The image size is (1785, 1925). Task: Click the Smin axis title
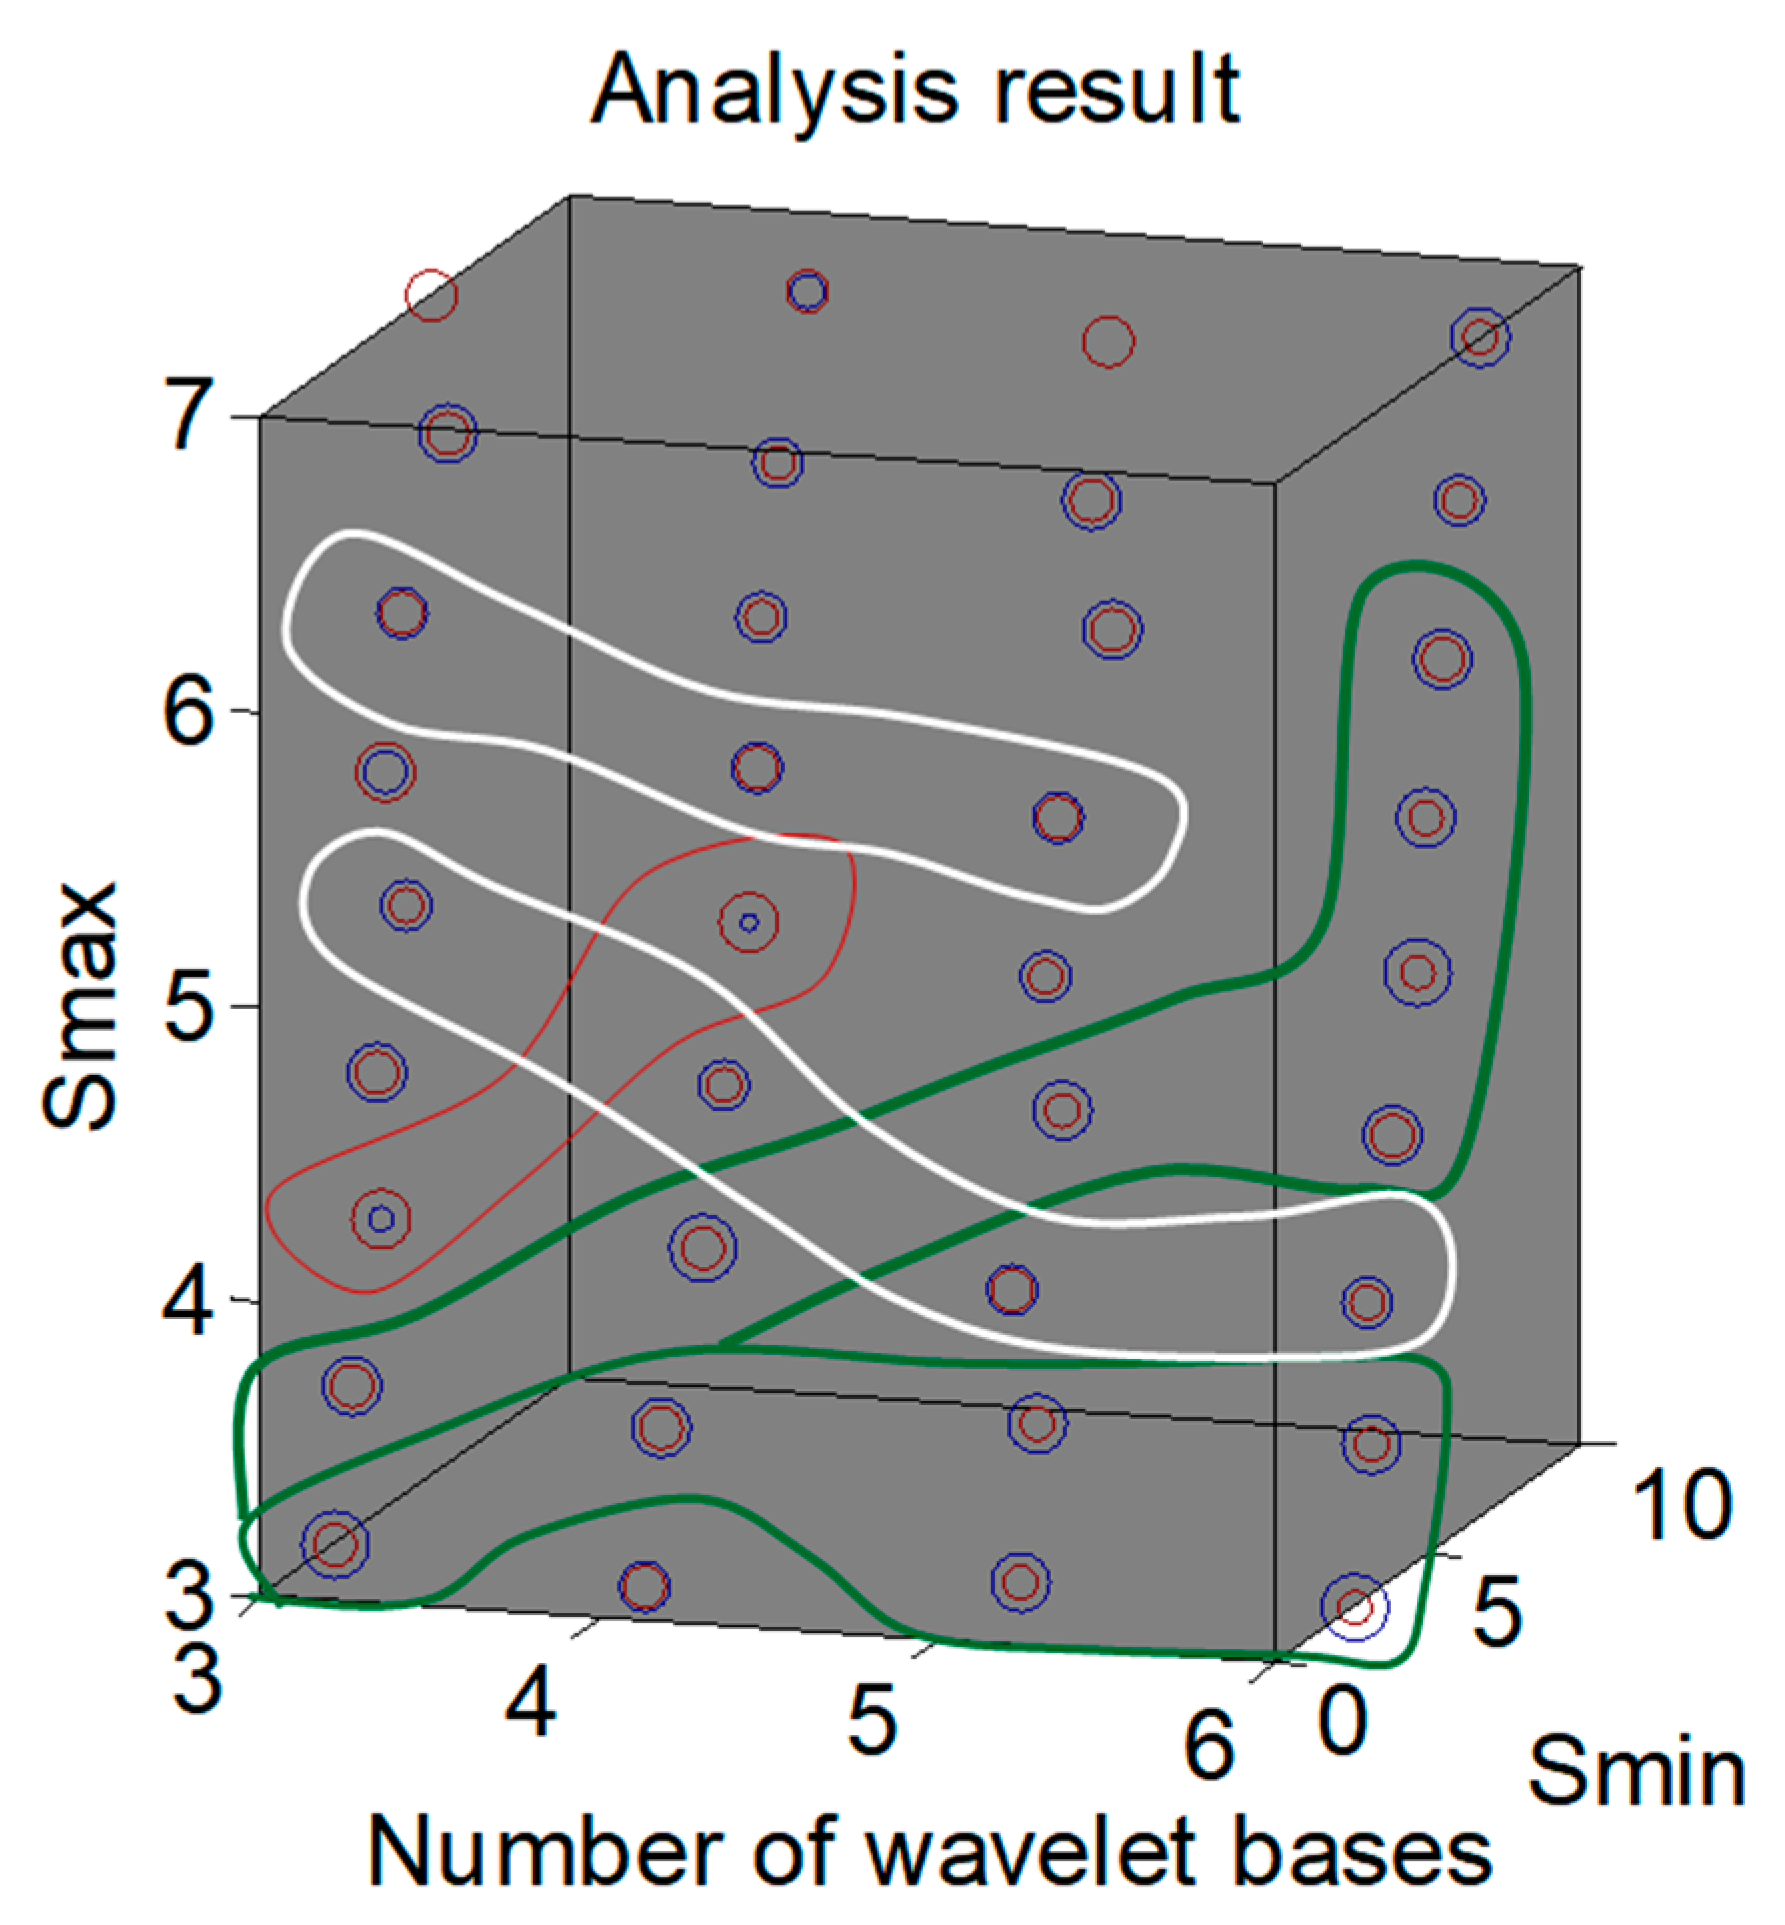tap(1636, 1772)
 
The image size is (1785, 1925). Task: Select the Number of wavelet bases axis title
tap(930, 1853)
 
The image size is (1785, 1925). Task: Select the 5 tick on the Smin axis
tap(1497, 1612)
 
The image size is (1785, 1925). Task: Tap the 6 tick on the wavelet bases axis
tap(1209, 1745)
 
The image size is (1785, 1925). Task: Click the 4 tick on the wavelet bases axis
tap(530, 1700)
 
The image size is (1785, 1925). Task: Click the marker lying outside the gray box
tap(1355, 1607)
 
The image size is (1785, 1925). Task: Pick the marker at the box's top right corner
tap(1480, 337)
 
